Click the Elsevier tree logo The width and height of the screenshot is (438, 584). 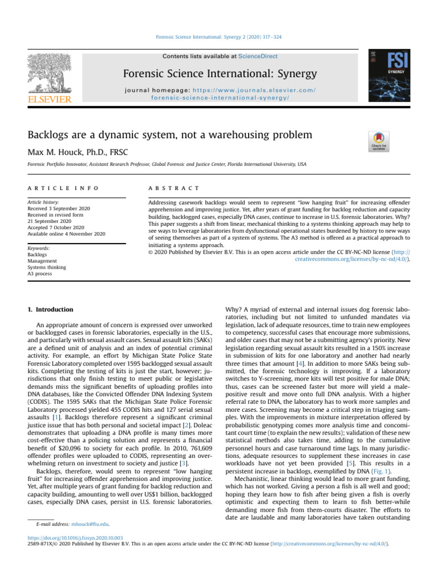pyautogui.click(x=48, y=75)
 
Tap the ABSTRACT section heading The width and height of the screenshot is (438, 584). pyautogui.click(x=173, y=188)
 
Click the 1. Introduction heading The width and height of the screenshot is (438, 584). pyautogui.click(x=51, y=310)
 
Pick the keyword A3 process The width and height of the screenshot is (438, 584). pyautogui.click(x=39, y=274)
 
